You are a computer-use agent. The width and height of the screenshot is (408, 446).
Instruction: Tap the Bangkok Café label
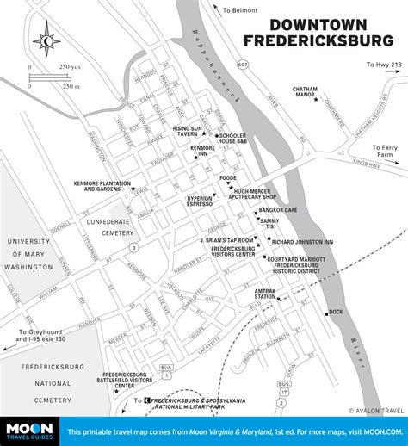284,210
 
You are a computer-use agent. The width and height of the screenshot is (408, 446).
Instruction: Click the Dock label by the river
336,311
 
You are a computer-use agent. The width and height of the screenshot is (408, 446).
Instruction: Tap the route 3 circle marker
134,248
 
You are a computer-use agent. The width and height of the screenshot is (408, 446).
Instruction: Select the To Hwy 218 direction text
383,65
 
